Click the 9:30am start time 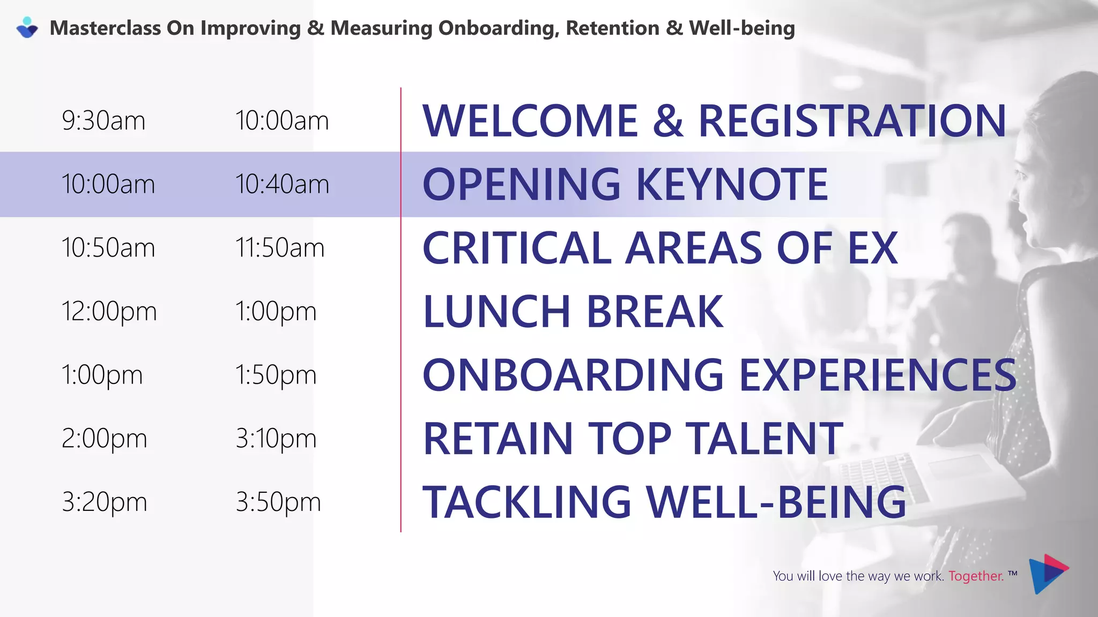coord(103,121)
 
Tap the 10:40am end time coord(282,184)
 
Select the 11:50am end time coord(280,248)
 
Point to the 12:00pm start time coord(109,311)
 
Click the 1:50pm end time coord(276,375)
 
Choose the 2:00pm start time coord(104,439)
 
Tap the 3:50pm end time coord(278,502)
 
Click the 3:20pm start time coord(104,502)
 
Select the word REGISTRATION coord(852,121)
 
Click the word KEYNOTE coord(732,184)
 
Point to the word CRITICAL coord(517,248)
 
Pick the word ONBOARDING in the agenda coord(573,375)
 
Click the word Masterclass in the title coord(105,28)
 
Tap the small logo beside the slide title coord(27,27)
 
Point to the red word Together coord(976,576)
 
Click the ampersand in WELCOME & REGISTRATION coord(668,121)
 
